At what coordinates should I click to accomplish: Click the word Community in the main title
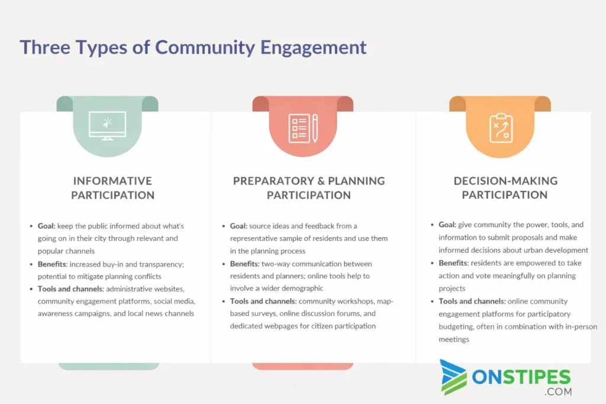205,48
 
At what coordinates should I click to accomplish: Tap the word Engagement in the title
313,48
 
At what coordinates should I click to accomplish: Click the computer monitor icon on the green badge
108,125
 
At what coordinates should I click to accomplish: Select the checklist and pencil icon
303,128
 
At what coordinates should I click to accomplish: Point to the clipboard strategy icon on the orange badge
501,128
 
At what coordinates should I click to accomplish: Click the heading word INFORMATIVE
112,181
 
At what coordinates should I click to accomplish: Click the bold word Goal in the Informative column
46,226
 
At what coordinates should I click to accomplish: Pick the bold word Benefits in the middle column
244,264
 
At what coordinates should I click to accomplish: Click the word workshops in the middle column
356,301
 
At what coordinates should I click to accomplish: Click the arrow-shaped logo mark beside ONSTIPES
453,377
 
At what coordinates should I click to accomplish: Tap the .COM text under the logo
558,392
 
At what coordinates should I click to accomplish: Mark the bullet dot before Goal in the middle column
223,226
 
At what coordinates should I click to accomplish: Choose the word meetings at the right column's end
454,340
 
